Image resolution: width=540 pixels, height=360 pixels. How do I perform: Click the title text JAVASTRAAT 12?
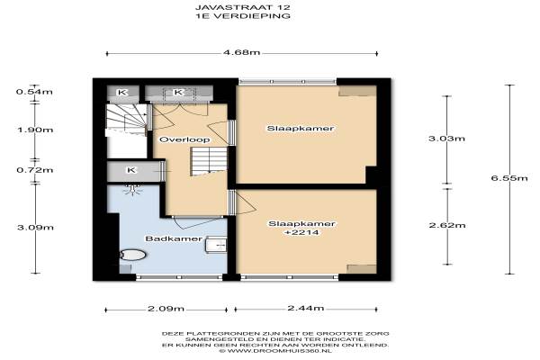click(243, 7)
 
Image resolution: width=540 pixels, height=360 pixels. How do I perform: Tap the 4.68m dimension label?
click(242, 53)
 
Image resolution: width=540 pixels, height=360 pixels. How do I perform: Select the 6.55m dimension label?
click(509, 178)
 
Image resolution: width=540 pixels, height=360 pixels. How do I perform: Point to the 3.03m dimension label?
click(446, 139)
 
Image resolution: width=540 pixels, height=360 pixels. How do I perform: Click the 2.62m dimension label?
click(447, 225)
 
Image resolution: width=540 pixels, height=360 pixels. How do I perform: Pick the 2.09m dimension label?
click(166, 309)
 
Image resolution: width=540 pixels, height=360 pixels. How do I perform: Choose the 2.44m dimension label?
click(306, 308)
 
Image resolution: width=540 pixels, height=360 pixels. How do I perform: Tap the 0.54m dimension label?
click(34, 92)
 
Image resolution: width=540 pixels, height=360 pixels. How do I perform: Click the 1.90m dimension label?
click(35, 130)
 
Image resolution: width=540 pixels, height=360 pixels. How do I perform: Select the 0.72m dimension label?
click(35, 170)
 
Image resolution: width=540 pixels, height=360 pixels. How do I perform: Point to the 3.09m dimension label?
click(35, 228)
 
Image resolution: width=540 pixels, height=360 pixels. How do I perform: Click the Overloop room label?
click(184, 139)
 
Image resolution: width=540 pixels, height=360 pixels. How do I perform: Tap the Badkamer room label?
click(174, 238)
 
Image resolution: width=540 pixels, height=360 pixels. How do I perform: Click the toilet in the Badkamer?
click(132, 255)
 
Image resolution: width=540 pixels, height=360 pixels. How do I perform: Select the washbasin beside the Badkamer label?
click(216, 245)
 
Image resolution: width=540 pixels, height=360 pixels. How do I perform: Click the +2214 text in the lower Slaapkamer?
click(301, 232)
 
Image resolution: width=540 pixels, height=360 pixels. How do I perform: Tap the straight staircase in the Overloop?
click(209, 161)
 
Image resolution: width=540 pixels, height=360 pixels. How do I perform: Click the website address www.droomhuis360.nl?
click(275, 351)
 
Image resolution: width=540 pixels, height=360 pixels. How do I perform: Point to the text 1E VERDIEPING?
click(243, 16)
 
